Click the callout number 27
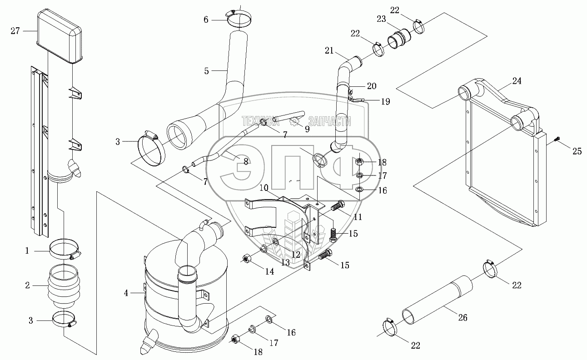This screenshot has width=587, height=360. pos(15,31)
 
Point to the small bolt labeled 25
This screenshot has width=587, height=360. pos(558,139)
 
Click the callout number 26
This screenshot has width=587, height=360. pos(463,318)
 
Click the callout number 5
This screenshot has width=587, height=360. pos(206,71)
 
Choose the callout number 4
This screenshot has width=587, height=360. pos(126,293)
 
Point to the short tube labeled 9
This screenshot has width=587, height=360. pos(289,115)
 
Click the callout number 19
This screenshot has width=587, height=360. pos(385,102)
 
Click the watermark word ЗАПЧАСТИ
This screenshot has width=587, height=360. pos(329,121)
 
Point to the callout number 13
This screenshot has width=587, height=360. pos(285,262)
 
